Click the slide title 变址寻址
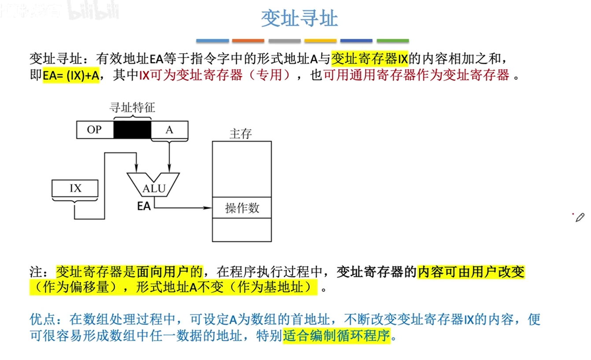click(x=299, y=19)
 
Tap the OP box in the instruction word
click(x=94, y=130)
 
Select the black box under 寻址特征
click(x=132, y=130)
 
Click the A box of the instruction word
click(x=170, y=130)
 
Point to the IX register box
click(x=75, y=188)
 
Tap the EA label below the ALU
click(x=144, y=205)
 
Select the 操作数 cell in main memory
click(x=242, y=208)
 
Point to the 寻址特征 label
click(x=132, y=107)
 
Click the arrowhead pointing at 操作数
click(x=208, y=208)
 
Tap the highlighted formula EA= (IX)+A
click(x=71, y=75)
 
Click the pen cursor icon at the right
click(x=580, y=217)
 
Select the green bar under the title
click(x=392, y=41)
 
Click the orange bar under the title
click(x=248, y=41)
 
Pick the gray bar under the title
click(x=284, y=41)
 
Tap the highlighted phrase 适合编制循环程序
click(x=336, y=336)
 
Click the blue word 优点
click(x=43, y=319)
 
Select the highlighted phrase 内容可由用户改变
click(x=471, y=272)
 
